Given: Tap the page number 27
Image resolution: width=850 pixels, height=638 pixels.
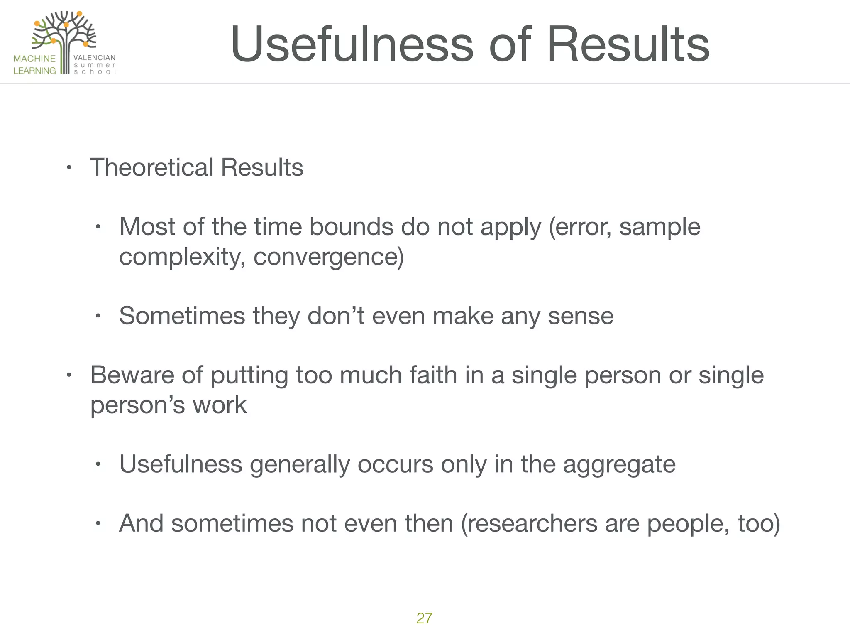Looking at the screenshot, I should [424, 618].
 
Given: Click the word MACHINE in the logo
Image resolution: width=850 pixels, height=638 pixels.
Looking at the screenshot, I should [34, 59].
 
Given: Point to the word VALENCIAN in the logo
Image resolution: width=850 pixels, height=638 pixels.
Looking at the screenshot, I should [95, 58].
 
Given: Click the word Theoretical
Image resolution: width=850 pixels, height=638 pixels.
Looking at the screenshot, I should [151, 167].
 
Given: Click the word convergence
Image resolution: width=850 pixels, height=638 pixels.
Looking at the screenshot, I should [328, 257].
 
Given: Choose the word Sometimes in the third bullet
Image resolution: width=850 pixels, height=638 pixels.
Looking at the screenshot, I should [182, 316].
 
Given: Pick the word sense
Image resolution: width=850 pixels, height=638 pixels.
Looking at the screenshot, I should [581, 316].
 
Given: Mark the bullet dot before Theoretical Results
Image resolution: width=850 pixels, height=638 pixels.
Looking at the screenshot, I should [69, 168].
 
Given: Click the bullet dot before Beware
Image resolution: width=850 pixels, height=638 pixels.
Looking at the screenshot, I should [69, 375].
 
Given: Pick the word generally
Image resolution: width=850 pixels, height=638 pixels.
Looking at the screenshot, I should [300, 464].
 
